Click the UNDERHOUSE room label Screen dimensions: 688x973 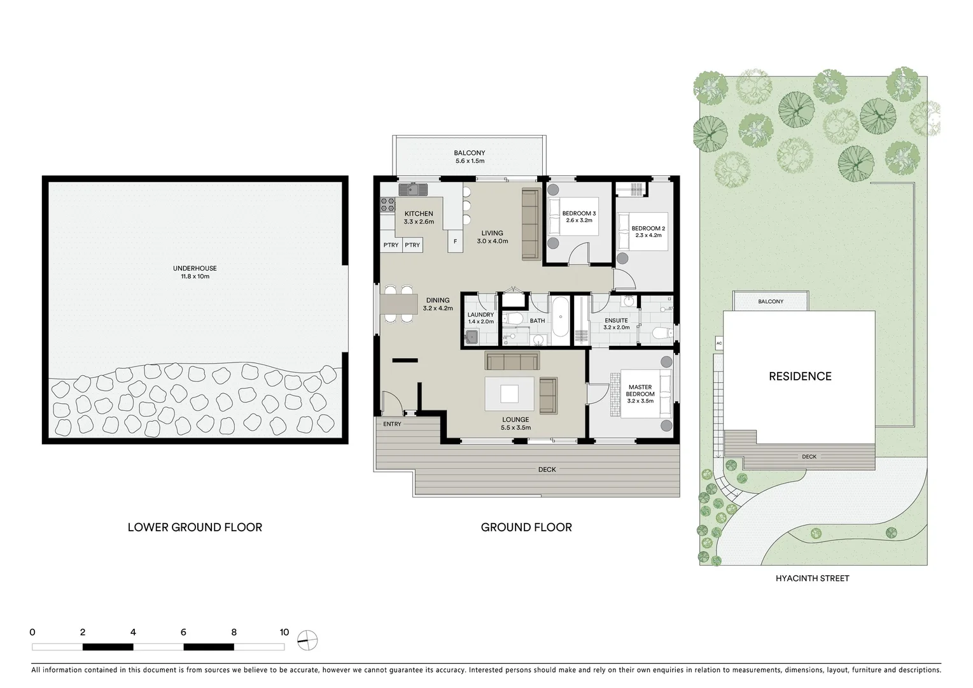[195, 272]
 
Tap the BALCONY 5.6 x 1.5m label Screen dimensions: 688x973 [469, 157]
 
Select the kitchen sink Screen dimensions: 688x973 [414, 189]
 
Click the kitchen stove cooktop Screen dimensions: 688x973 [388, 204]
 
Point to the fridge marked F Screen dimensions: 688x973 [455, 242]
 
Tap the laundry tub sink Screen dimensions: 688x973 [472, 337]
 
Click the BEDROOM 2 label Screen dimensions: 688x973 [648, 231]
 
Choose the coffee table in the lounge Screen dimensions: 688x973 [509, 394]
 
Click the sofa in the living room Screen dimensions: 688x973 [530, 224]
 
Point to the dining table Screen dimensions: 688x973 [399, 305]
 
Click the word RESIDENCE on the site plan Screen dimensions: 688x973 [800, 376]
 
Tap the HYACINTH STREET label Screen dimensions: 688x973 [812, 578]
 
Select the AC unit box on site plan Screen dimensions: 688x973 [718, 343]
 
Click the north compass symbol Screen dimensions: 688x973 [308, 640]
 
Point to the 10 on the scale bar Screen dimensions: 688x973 [284, 633]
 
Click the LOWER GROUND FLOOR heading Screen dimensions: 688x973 [195, 527]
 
